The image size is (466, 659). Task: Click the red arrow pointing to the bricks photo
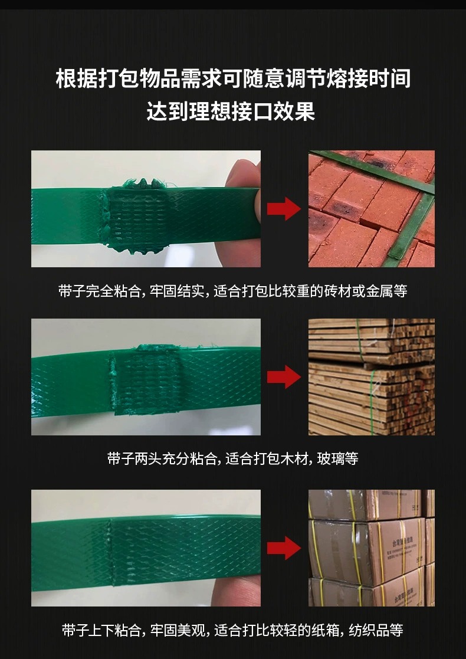tap(284, 209)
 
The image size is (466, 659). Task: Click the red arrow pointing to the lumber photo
tap(284, 376)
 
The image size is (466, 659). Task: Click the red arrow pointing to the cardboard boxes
tap(284, 548)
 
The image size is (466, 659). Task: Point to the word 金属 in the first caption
tap(379, 291)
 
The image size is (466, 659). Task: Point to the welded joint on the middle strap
tap(146, 379)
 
